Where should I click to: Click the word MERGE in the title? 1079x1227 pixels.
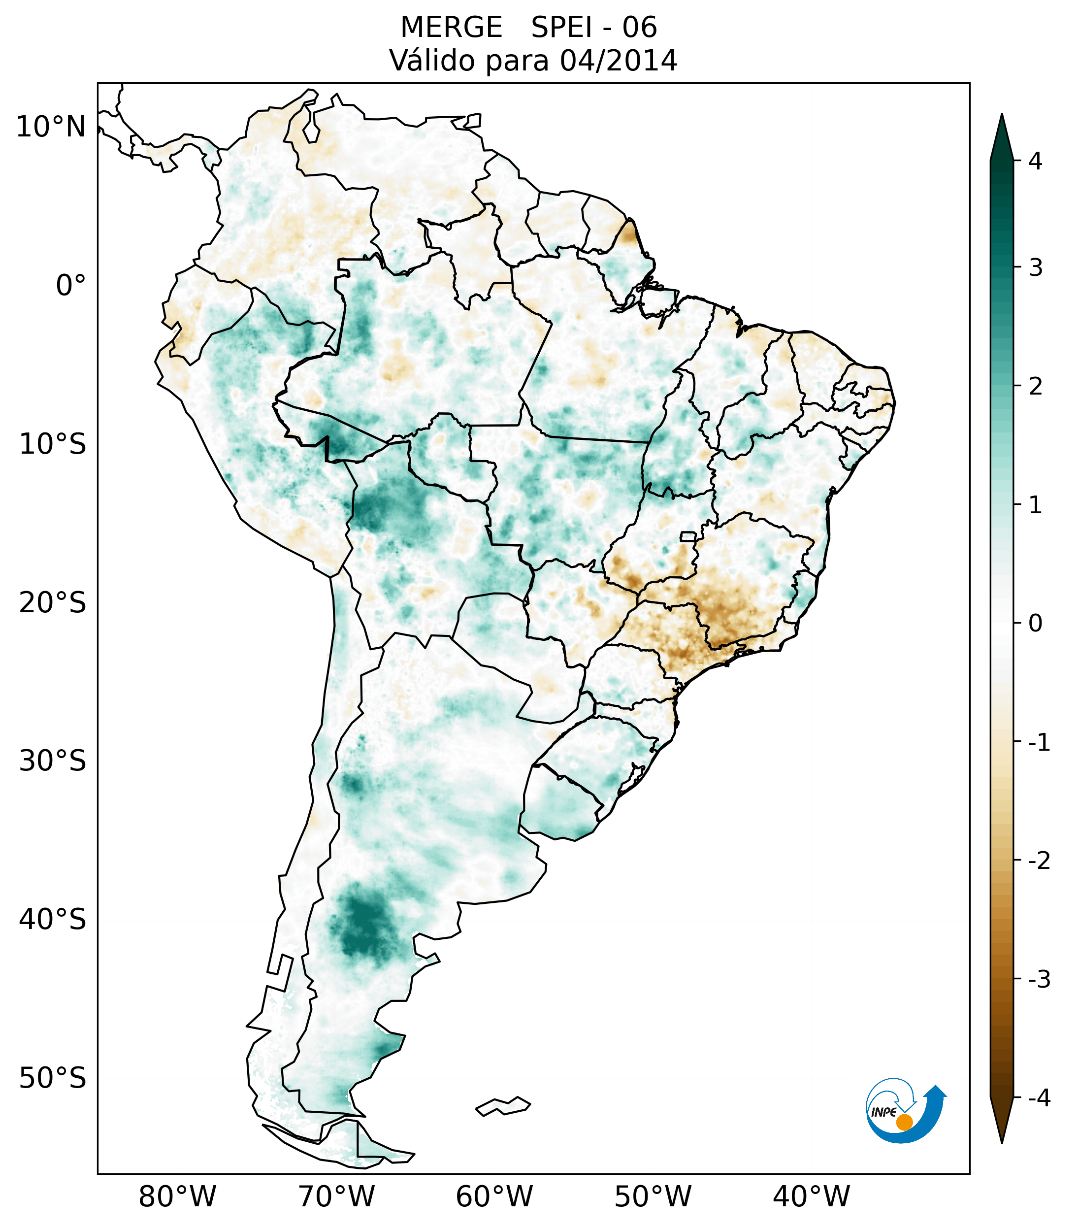451,28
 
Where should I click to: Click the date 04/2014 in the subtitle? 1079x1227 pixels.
618,61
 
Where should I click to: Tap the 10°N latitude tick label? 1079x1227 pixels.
51,127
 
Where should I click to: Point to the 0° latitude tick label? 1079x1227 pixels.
71,286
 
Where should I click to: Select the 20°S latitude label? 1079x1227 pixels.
53,603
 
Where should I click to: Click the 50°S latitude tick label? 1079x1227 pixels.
53,1079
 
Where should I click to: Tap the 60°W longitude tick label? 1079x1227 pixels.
494,1196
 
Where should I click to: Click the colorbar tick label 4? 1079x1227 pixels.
1035,161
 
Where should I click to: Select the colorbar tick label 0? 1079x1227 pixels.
1035,624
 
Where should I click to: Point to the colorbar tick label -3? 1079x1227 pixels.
1039,979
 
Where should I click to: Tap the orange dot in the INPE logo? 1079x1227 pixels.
904,1122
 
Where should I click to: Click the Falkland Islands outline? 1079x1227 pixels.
503,1106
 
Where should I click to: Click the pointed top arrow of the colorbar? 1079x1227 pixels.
1002,135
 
